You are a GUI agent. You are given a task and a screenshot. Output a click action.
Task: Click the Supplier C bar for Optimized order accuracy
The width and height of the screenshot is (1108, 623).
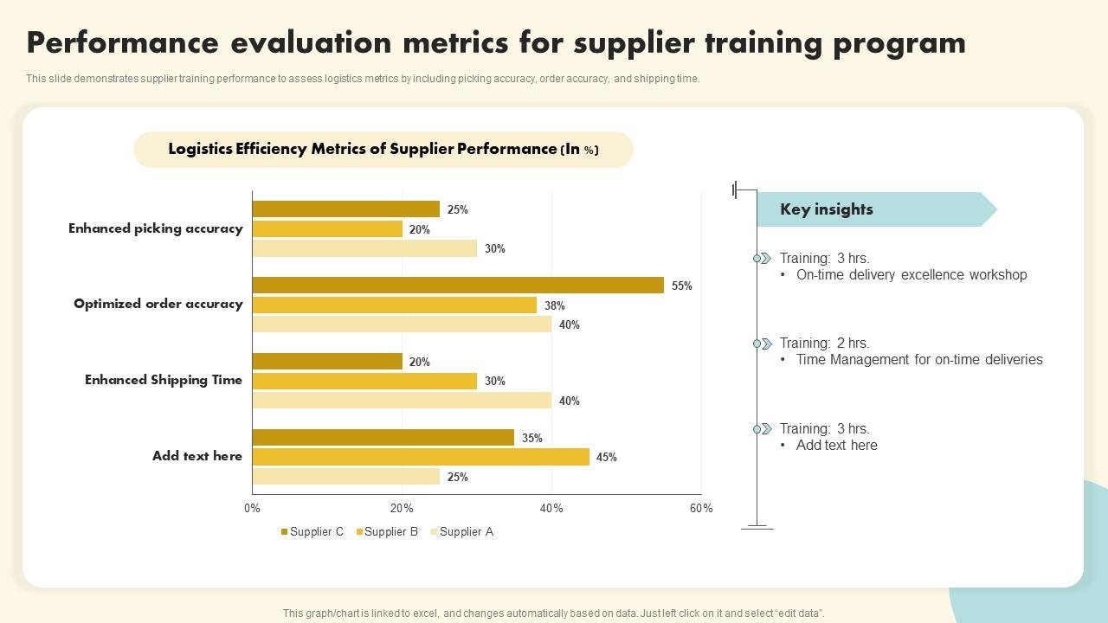458,286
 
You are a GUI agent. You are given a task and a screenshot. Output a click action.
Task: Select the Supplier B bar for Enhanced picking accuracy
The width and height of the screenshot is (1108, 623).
327,229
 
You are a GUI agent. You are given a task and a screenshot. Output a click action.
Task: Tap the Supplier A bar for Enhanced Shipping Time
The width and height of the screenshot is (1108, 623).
402,401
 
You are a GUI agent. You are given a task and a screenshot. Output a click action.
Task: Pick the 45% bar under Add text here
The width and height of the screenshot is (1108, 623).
421,457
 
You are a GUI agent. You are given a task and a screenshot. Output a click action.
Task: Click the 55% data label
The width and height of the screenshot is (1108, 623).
682,286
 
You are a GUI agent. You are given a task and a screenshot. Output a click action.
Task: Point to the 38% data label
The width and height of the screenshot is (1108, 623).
555,305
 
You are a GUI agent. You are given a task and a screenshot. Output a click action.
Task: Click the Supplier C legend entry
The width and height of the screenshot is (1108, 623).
312,532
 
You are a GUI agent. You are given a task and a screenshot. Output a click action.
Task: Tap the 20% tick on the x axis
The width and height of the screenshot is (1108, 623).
402,509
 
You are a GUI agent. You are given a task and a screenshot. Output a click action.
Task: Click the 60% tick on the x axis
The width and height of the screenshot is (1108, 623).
701,509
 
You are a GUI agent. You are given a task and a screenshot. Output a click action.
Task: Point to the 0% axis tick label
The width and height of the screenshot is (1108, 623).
252,509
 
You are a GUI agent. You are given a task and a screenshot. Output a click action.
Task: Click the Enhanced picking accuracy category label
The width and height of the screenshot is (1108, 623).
156,228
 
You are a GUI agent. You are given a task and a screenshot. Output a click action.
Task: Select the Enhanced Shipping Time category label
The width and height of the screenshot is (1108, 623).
164,380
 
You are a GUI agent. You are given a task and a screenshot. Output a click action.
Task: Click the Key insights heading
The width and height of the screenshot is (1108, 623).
827,209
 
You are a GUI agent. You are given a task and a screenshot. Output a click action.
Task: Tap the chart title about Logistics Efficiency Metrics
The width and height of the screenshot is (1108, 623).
383,149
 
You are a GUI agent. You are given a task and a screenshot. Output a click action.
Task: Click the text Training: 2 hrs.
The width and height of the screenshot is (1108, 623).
824,344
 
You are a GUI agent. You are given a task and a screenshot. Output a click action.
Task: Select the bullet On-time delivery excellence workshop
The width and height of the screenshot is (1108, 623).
912,275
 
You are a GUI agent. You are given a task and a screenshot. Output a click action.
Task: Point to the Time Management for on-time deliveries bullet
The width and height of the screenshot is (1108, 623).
919,360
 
